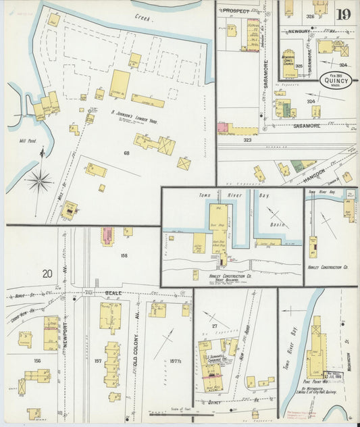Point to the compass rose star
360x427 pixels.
tap(41, 180)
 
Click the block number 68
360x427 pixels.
tap(126, 153)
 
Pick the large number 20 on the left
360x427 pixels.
tap(47, 274)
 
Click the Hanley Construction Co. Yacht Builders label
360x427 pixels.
tap(231, 277)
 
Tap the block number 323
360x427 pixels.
tap(247, 140)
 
